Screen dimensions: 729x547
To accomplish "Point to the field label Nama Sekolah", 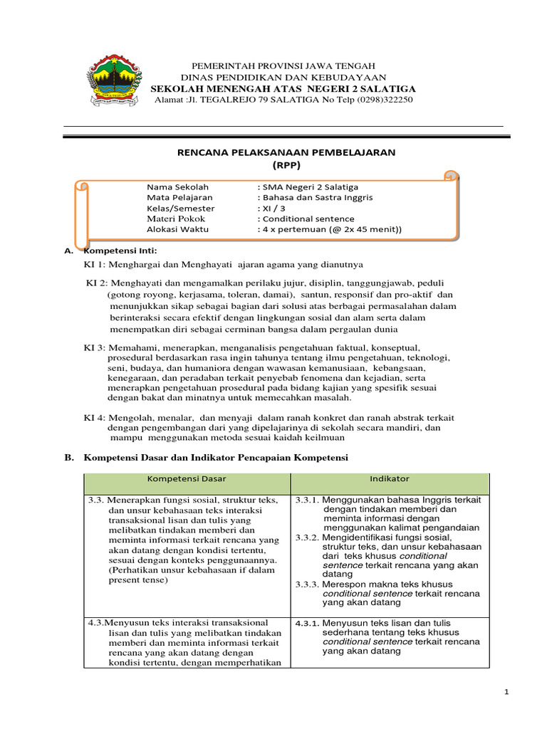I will point(173,187).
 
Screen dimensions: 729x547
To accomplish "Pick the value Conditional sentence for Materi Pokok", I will point(308,219).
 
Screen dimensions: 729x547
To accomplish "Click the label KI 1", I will point(95,264).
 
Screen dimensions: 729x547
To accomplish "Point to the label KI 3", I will point(95,347).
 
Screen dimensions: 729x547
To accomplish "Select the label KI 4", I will point(95,417).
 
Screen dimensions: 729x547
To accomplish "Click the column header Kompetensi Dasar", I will point(187,479).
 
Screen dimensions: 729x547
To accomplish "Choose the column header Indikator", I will point(390,479).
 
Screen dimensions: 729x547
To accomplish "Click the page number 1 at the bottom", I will point(506,691).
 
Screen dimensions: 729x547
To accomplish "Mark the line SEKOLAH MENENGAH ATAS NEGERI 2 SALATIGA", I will point(283,88).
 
